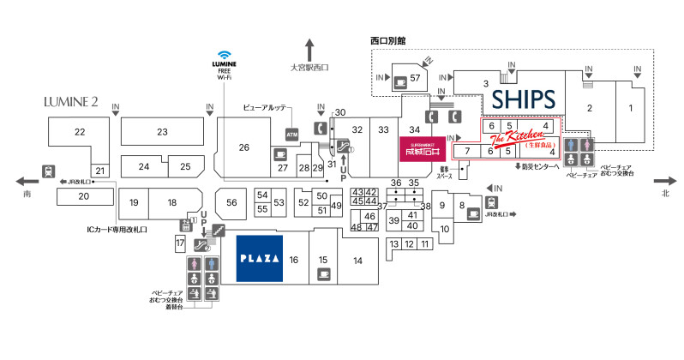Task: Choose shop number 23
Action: [162, 131]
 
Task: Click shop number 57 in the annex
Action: [416, 79]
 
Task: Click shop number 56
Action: [231, 201]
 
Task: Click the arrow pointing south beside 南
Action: [26, 181]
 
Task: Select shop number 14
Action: [357, 260]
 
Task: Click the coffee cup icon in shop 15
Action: [323, 274]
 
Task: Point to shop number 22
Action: [80, 131]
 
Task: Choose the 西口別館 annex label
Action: [388, 40]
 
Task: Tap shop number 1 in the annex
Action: [630, 108]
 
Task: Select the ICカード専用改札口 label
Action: [119, 229]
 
